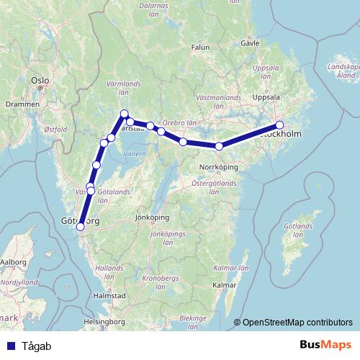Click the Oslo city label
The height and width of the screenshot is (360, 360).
(x=38, y=81)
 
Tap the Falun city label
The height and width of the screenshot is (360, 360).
(x=200, y=48)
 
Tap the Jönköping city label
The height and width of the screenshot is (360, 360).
(x=151, y=217)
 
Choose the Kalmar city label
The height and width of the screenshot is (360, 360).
(x=225, y=286)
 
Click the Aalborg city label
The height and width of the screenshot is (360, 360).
(x=13, y=263)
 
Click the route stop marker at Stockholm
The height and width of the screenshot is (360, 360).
(x=280, y=125)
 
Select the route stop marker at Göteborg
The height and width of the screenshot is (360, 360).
(x=81, y=226)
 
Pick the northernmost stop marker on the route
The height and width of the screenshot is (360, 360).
(x=125, y=113)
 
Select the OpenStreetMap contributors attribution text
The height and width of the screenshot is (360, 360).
(x=297, y=323)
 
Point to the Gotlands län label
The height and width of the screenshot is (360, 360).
(x=297, y=231)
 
